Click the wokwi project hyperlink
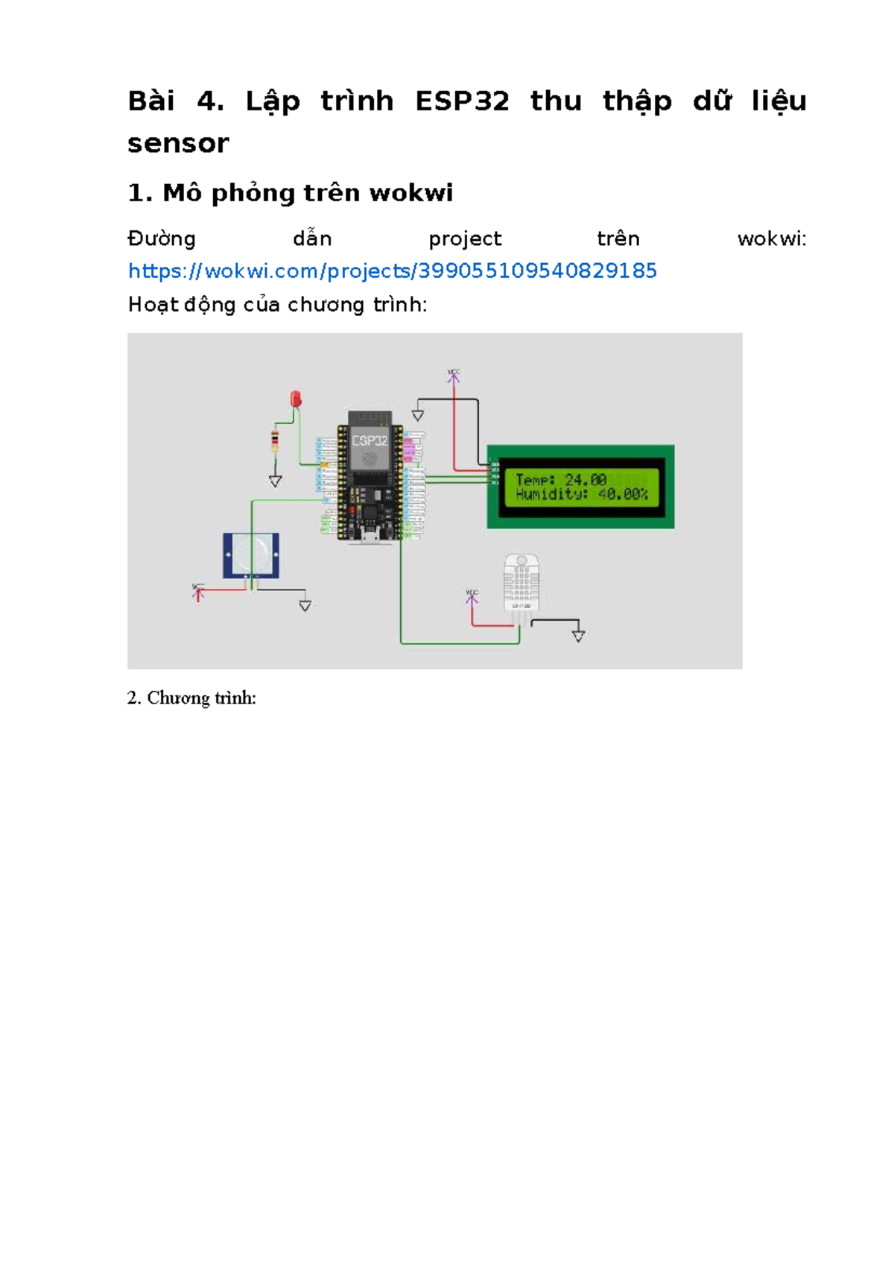[392, 271]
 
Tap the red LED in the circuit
[296, 399]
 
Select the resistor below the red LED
[275, 441]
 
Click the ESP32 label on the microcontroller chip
[370, 440]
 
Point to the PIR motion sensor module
[251, 554]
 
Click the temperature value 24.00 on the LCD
[586, 479]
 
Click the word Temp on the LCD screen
[535, 479]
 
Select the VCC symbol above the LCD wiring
[453, 375]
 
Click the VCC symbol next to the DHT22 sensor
[472, 596]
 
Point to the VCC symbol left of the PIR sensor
[198, 591]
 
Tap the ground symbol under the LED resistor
[276, 481]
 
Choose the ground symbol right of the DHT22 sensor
[578, 635]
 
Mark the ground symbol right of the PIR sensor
[305, 606]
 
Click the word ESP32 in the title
[462, 101]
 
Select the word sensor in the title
[178, 143]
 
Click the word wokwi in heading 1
[411, 193]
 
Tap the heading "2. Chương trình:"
[191, 698]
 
